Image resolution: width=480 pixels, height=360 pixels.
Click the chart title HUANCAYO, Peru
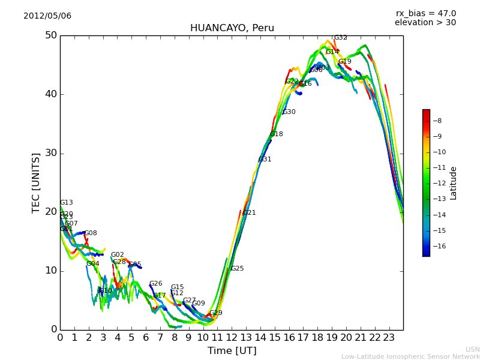[232, 28]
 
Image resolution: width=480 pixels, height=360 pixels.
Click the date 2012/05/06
[47, 16]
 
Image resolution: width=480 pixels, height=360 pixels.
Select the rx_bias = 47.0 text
[425, 13]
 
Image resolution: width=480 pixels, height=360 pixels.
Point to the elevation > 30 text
[425, 23]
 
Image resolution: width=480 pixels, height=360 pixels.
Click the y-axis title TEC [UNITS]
[36, 183]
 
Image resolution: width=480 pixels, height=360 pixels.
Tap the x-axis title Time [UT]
[232, 351]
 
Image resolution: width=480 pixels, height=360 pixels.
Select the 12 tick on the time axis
[232, 338]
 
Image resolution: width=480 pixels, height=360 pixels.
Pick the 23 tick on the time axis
[389, 338]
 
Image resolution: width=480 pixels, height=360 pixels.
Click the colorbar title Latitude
[454, 183]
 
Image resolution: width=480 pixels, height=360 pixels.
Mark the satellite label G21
[250, 213]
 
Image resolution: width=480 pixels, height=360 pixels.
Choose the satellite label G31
[265, 160]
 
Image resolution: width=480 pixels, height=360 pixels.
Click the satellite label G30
[289, 112]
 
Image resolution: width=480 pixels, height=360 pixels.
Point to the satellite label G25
[238, 269]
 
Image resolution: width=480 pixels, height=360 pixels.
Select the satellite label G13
[66, 203]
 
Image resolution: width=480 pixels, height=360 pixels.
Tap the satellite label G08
[91, 233]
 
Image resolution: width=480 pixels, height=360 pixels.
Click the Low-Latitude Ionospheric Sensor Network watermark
[410, 357]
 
